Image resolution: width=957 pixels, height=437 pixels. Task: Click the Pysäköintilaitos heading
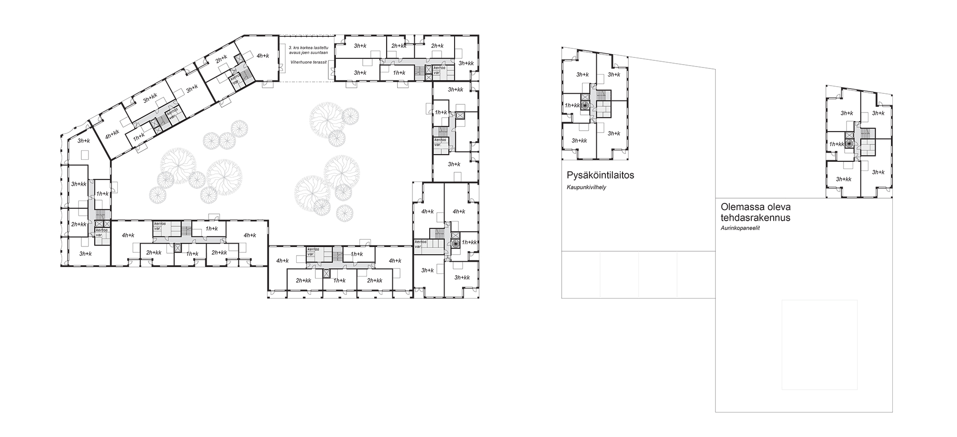[x=601, y=175]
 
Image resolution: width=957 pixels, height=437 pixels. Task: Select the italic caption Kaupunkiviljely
[x=586, y=187]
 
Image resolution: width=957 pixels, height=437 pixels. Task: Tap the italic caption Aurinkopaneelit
[x=740, y=228]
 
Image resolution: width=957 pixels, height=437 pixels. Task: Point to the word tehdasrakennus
[x=756, y=218]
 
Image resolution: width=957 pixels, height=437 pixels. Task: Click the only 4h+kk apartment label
[x=112, y=135]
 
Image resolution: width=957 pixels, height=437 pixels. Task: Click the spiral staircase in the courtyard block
[x=455, y=243]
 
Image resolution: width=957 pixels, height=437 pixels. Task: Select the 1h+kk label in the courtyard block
[x=469, y=242]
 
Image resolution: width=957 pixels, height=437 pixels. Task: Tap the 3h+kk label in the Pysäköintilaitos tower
[x=579, y=141]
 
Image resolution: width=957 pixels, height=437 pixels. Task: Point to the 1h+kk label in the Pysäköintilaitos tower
[x=572, y=105]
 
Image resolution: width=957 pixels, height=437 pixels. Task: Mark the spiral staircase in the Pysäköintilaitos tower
[x=584, y=108]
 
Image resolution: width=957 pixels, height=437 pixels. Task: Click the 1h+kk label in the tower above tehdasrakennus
[x=837, y=144]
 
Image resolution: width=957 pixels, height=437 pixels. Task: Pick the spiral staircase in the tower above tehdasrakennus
[x=849, y=144]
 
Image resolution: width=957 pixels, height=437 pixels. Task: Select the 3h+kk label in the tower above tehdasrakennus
[x=844, y=179]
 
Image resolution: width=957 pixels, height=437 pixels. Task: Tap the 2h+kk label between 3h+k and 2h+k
[x=399, y=46]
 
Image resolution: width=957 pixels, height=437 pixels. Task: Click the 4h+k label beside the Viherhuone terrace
[x=263, y=56]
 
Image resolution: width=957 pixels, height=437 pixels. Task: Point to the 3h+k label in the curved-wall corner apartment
[x=83, y=141]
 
